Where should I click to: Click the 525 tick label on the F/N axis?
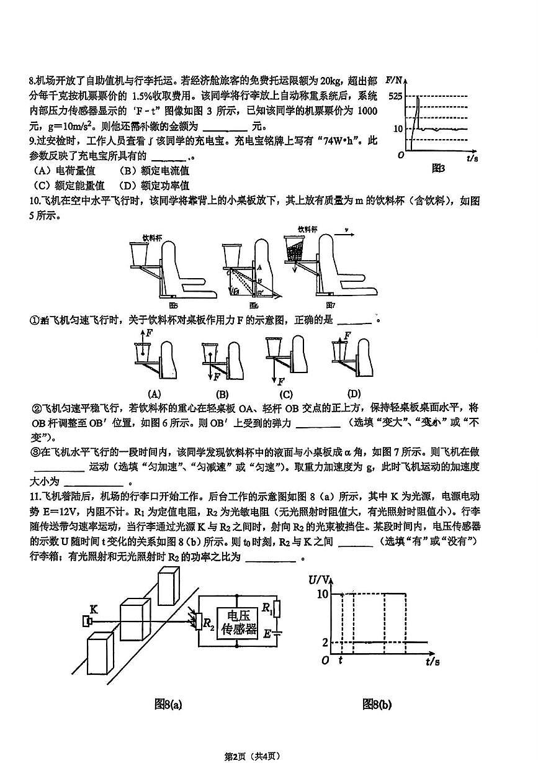coord(394,96)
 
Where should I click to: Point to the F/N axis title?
coord(394,80)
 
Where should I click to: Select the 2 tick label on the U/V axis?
coord(324,642)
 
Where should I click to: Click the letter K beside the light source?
coord(94,608)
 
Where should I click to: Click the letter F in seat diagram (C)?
coord(281,381)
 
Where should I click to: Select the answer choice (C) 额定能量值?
coord(68,185)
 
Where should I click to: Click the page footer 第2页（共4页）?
coord(252,756)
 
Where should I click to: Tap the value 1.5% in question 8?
coord(145,96)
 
